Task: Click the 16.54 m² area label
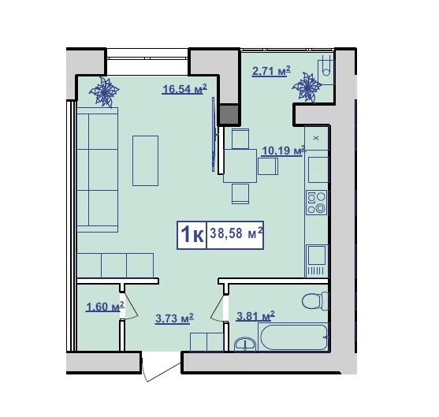pos(184,89)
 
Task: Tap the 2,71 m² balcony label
pos(271,71)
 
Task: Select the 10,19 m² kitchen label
pos(283,151)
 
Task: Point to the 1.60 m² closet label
pos(105,307)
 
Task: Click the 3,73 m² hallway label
pos(174,318)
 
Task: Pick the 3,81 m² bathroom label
pos(255,316)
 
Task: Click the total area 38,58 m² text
pos(236,233)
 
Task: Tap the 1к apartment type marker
pos(192,235)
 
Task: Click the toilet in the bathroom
pos(315,301)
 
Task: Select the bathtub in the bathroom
pos(293,337)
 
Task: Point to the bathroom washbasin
pos(245,344)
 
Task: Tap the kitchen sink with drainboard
pos(317,260)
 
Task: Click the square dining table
pos(240,166)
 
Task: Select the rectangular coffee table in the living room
pos(145,161)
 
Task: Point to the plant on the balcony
pos(307,87)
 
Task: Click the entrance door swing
pos(161,367)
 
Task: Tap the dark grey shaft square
pos(229,115)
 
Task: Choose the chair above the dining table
pos(240,139)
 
